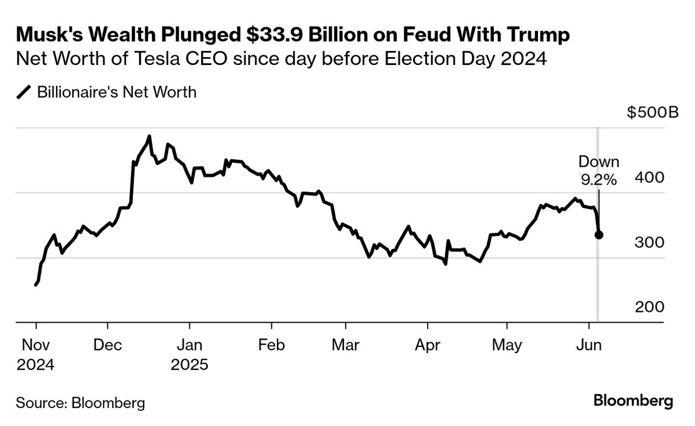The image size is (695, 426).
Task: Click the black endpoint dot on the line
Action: click(599, 234)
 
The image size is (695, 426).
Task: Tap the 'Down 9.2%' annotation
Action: click(599, 171)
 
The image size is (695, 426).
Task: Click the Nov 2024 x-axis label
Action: click(35, 354)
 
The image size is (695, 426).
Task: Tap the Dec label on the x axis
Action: click(107, 345)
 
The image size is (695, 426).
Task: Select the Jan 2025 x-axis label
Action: click(189, 354)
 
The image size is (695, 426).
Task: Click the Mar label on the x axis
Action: click(345, 345)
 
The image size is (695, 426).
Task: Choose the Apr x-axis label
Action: click(427, 345)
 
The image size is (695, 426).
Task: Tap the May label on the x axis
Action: click(507, 345)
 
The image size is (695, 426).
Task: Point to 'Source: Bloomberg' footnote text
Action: click(80, 403)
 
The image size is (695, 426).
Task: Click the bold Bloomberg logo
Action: click(633, 401)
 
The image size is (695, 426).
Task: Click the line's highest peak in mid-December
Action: click(149, 136)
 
